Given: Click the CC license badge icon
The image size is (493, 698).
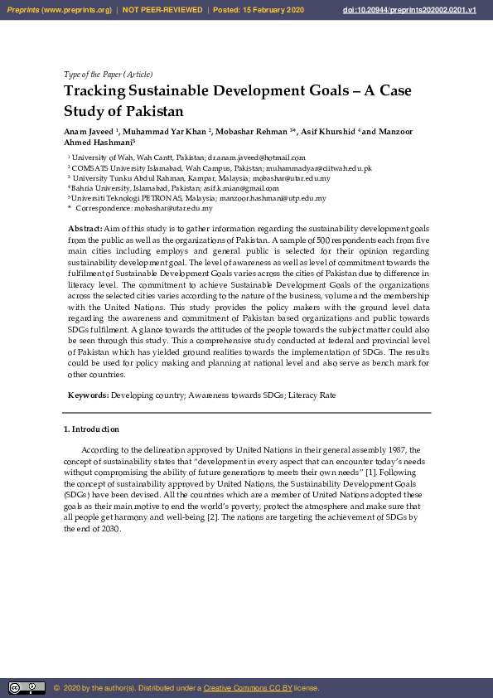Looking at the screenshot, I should point(27,688).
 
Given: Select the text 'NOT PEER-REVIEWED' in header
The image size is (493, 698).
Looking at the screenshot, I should point(162,9).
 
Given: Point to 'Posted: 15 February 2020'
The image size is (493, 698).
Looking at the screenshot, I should point(259,9).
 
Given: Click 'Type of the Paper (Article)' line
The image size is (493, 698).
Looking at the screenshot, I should point(108,74).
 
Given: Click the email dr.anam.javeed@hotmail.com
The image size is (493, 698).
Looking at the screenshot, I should point(257,157).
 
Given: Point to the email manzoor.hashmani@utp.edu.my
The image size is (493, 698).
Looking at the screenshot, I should point(273,199).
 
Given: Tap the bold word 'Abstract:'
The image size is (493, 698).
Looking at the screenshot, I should point(85,226).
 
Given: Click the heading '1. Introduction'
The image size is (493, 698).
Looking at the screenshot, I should point(91,429).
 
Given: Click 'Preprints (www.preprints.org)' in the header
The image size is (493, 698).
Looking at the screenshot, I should point(59,9).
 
